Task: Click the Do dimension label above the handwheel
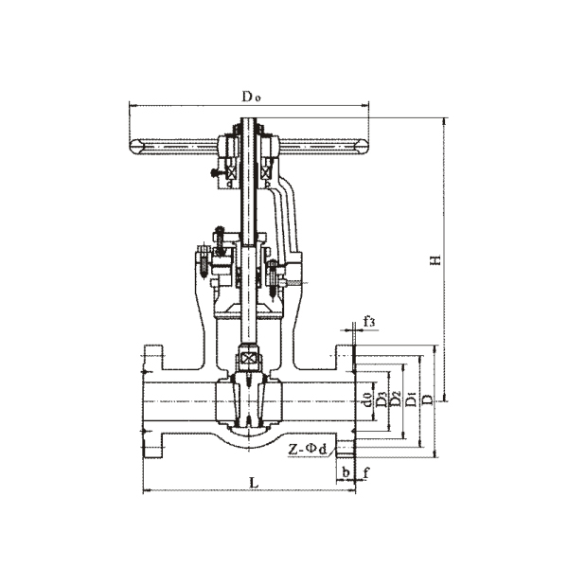250,96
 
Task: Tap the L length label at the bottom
253,482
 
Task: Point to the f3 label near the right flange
369,323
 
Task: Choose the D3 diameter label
380,399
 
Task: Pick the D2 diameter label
395,399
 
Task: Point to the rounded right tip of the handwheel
364,146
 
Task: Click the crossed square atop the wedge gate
248,361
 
